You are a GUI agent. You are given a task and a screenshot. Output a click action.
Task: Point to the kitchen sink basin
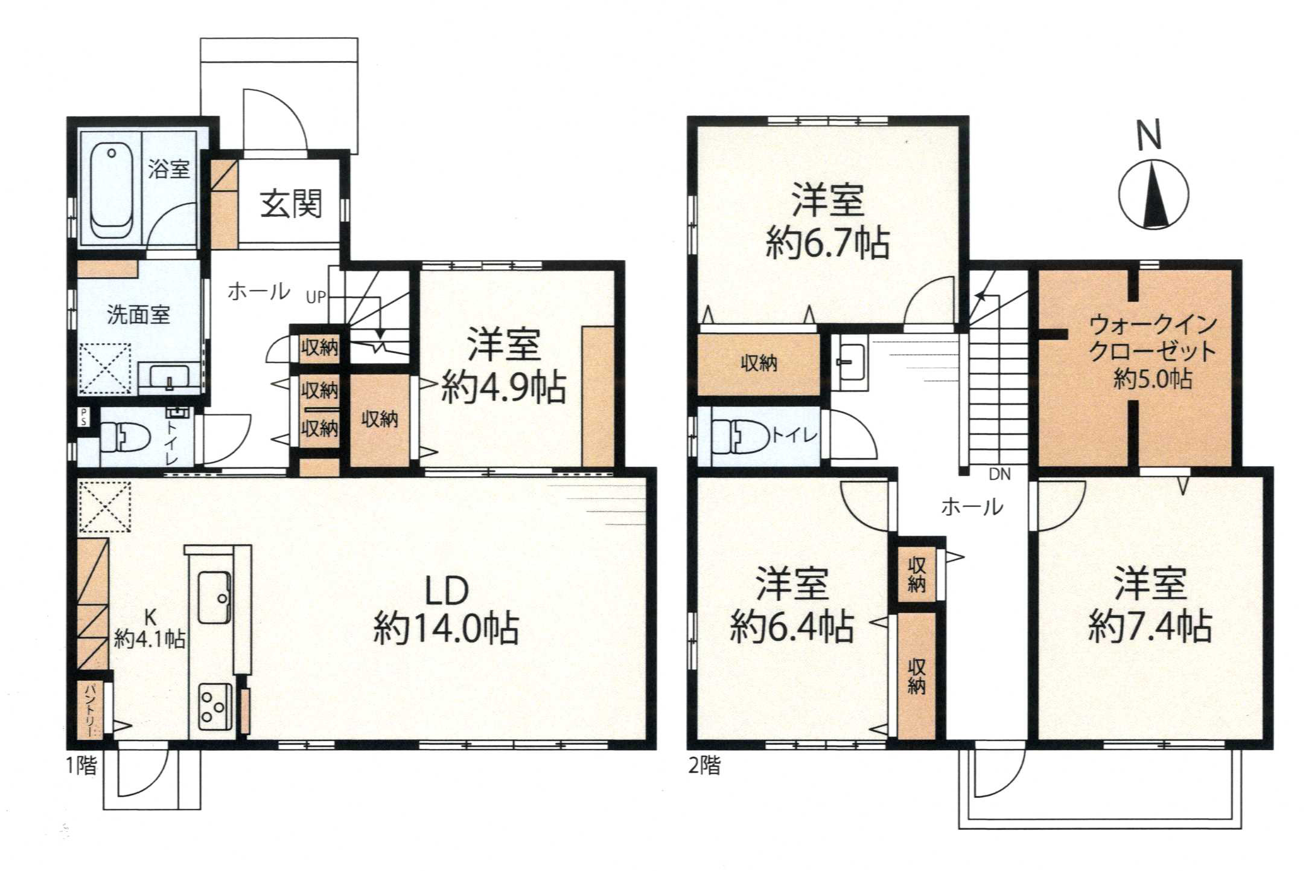[214, 597]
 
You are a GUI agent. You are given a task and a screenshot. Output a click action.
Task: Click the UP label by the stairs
[316, 297]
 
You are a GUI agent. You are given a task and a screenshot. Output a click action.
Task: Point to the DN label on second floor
[999, 474]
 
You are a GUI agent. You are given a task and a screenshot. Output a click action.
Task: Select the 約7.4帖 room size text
[1150, 626]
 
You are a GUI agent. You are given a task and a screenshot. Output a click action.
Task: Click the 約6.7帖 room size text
[827, 243]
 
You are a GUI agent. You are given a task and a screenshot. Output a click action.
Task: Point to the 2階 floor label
[704, 766]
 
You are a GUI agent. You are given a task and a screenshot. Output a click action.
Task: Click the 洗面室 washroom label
[138, 315]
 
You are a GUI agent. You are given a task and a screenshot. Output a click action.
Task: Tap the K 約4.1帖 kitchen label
[150, 629]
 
